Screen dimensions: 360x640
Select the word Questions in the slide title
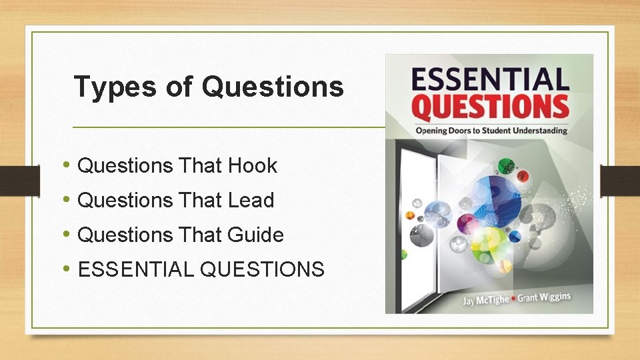click(273, 87)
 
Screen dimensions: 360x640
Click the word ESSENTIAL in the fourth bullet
click(136, 269)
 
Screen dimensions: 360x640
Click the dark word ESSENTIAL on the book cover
click(490, 79)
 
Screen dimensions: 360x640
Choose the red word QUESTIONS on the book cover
click(490, 107)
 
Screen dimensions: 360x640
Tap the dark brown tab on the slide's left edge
click(12, 180)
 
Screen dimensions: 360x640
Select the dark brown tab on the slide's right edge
click(620, 180)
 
